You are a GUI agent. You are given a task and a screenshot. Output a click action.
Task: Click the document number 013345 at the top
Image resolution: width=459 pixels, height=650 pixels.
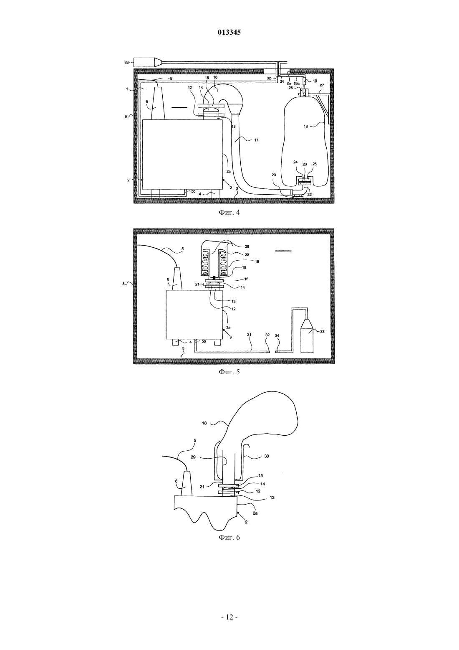click(229, 33)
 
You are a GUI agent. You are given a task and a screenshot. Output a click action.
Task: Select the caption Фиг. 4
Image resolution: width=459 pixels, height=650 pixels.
click(229, 212)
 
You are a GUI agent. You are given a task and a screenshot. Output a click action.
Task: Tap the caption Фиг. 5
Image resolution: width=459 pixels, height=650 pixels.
click(229, 372)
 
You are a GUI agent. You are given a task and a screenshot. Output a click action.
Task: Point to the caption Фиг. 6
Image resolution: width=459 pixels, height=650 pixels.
click(229, 537)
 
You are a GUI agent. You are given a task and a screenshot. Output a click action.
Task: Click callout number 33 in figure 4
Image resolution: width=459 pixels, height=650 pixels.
click(126, 62)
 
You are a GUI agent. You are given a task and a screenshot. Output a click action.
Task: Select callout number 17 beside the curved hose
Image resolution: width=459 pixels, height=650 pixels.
click(256, 140)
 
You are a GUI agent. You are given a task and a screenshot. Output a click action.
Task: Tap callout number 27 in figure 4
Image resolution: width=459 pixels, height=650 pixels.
click(322, 85)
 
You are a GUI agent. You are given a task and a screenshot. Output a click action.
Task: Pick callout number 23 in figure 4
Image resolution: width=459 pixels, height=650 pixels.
click(274, 175)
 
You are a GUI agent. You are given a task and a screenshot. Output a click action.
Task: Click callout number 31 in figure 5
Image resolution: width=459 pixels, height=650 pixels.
click(249, 335)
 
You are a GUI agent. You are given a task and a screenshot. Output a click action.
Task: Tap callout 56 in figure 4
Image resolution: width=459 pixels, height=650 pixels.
click(193, 191)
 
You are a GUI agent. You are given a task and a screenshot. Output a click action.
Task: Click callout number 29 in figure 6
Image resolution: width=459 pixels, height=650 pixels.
click(193, 457)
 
